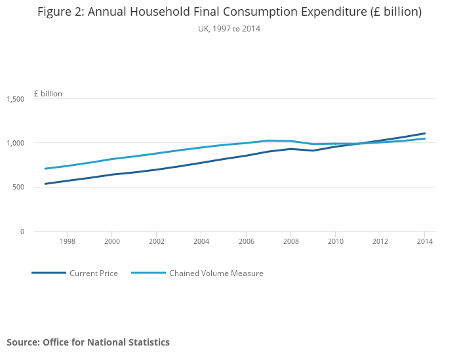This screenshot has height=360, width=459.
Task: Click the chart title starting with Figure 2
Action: pos(229,12)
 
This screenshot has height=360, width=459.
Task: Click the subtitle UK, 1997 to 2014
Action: pos(229,29)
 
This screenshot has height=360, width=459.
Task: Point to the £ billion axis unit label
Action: pos(48,94)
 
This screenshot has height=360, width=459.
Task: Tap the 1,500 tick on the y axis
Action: pos(15,99)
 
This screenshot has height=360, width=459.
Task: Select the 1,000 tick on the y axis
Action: pos(15,143)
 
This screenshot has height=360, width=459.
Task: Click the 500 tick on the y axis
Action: pos(18,187)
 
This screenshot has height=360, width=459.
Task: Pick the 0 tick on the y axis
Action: pos(22,231)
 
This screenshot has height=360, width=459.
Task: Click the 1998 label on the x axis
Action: pos(67,241)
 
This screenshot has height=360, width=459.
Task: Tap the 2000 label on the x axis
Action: pos(111,241)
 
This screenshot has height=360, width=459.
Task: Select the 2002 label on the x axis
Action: pos(156,241)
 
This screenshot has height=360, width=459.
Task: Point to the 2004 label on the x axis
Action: pos(201,241)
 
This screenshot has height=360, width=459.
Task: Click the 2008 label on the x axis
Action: pos(290,241)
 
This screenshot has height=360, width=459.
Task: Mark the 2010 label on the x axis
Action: pos(335,241)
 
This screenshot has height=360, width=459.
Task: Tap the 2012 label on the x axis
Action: pos(380,241)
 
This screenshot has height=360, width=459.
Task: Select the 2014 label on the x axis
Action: pos(424,241)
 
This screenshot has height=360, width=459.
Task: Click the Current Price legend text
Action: pos(94,273)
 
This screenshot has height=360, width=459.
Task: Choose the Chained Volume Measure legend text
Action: pos(216,273)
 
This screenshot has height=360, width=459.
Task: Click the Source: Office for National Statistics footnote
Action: pos(88,342)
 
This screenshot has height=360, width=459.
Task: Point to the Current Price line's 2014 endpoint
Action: pos(425,133)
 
